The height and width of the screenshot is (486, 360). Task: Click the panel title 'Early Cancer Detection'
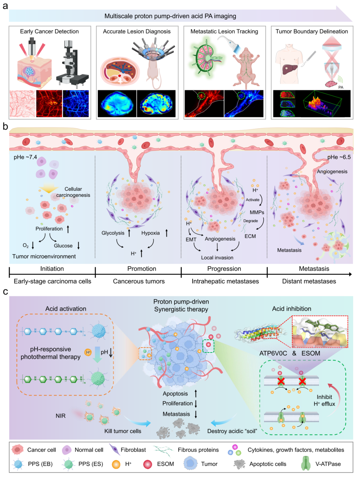point(49,31)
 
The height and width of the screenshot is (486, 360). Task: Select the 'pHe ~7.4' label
point(25,157)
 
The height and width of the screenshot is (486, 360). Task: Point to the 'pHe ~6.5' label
point(339,157)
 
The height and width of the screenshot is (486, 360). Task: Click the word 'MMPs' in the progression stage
point(257,212)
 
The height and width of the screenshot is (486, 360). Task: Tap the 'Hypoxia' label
point(150,233)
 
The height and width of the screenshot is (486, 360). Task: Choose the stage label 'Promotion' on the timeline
point(142,269)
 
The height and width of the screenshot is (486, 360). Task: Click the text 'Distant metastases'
point(309,281)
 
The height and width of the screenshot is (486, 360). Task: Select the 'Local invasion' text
point(217,258)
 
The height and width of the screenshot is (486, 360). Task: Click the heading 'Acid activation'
point(66,309)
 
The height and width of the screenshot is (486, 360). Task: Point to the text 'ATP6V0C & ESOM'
point(290,353)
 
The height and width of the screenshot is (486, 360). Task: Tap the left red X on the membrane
point(281,381)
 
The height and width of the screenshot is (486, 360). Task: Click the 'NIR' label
point(61,416)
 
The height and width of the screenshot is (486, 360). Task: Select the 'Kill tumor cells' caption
point(123,431)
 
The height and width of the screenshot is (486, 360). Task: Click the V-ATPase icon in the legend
point(305,464)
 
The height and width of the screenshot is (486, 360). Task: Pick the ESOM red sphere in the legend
point(148,464)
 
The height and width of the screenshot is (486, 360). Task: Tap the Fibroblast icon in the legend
point(114,450)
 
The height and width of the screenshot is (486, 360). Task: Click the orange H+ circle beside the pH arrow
point(88,352)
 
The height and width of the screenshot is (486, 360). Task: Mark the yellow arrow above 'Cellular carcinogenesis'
point(49,189)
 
